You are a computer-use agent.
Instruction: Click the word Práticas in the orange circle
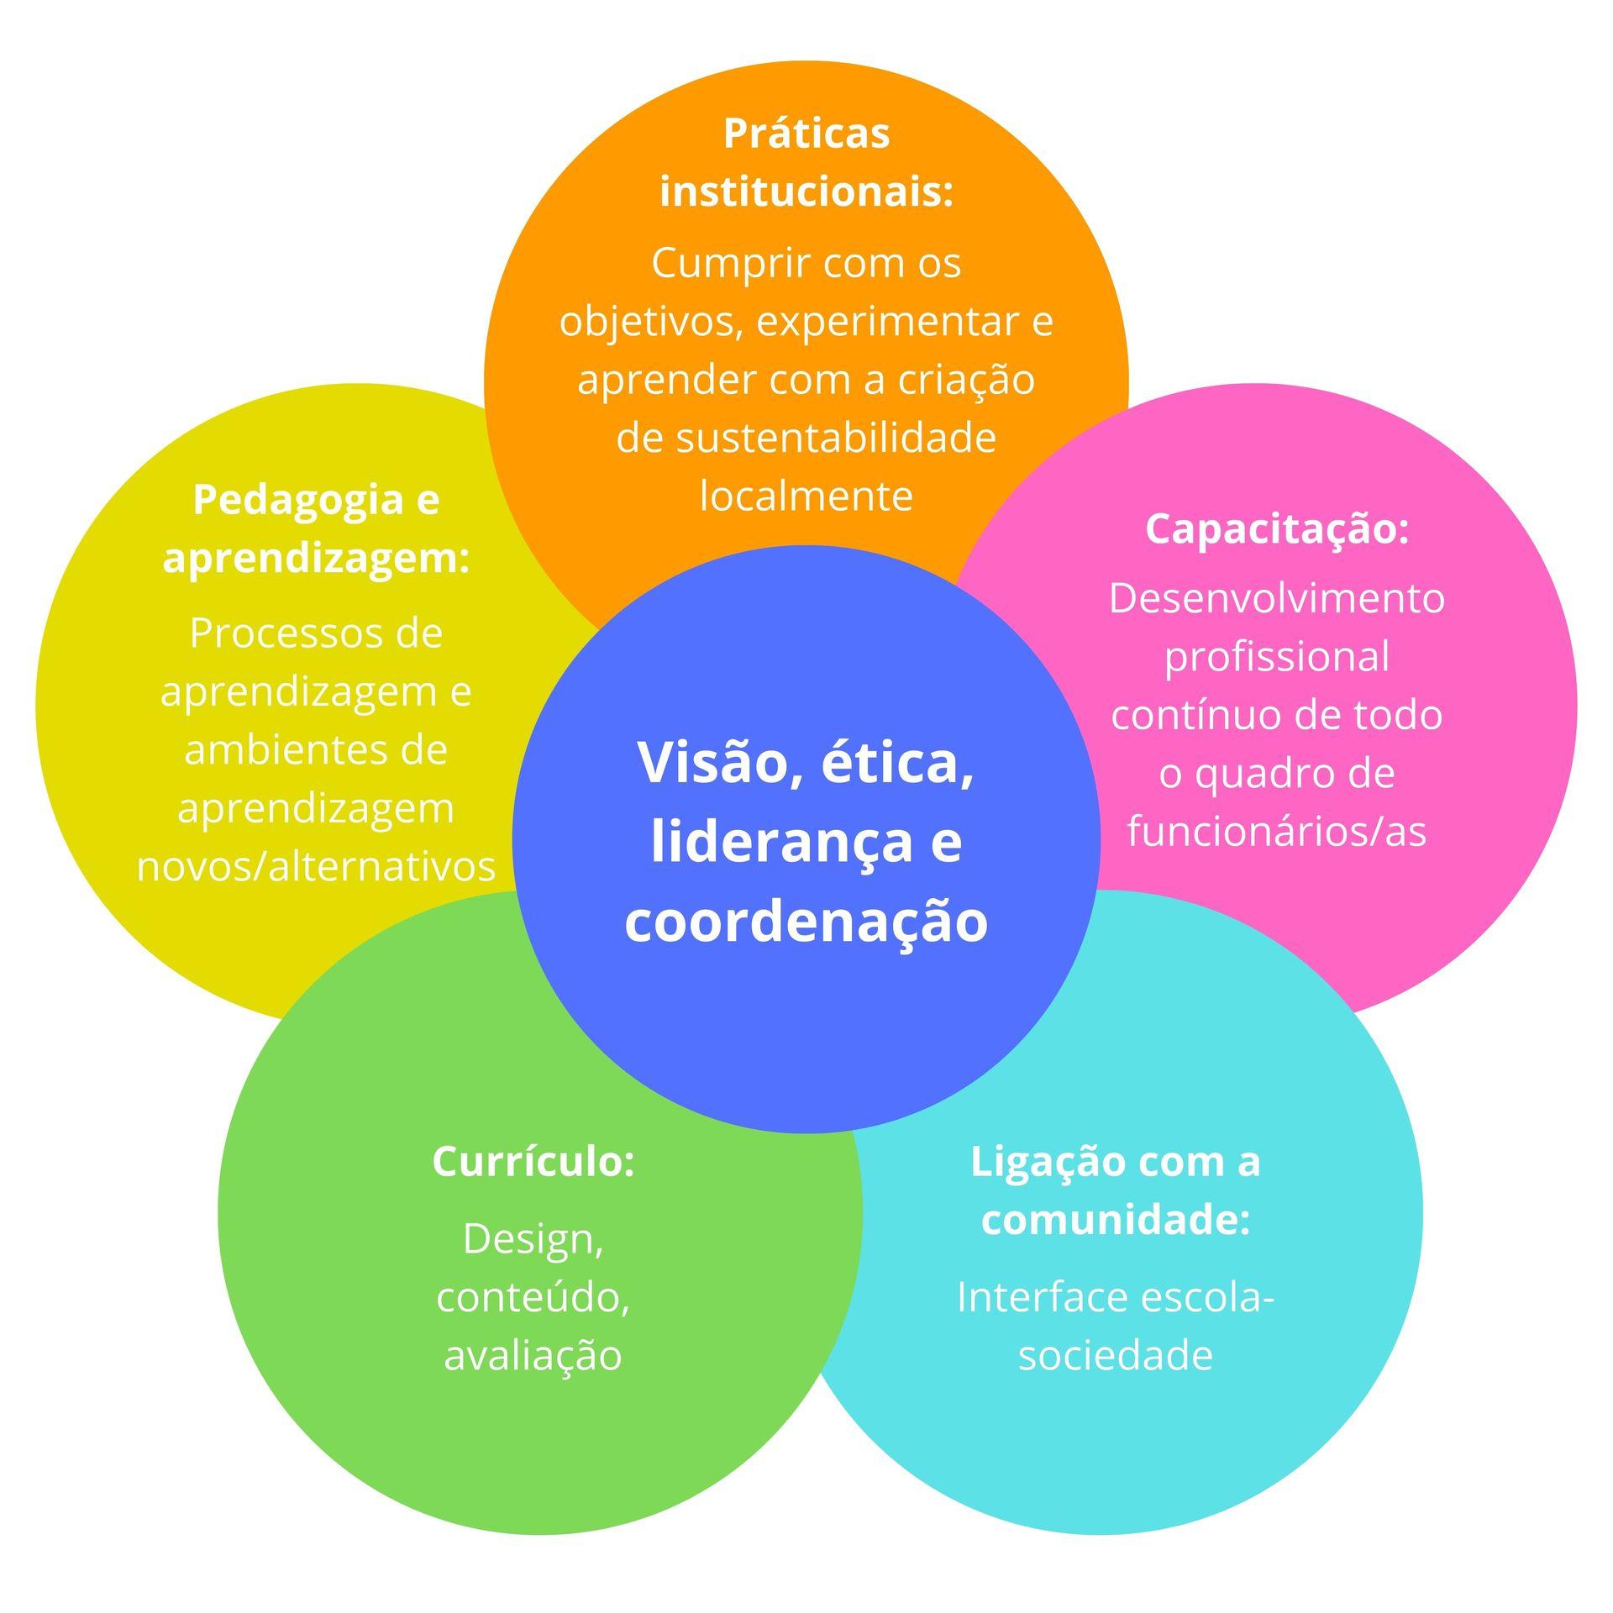click(806, 134)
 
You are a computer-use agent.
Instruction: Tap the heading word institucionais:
click(806, 192)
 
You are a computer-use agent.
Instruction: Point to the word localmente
click(806, 496)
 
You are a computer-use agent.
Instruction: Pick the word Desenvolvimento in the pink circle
click(1277, 599)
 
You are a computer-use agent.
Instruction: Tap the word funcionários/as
click(1277, 832)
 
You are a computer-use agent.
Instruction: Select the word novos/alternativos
click(316, 867)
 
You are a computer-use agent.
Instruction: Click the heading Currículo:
click(533, 1162)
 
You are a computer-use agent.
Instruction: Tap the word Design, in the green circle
click(533, 1241)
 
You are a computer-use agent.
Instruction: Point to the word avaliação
click(533, 1355)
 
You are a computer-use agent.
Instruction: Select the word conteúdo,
click(533, 1297)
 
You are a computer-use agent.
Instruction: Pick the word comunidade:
click(1116, 1220)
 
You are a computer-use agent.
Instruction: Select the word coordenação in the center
click(806, 922)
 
